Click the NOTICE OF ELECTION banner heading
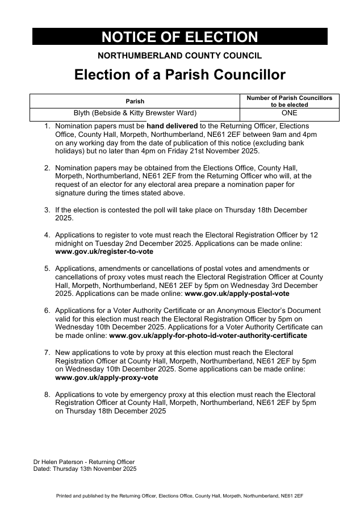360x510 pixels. point(179,37)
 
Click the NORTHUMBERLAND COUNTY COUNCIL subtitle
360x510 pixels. point(179,56)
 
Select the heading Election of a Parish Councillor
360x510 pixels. point(179,75)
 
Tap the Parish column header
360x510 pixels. point(135,101)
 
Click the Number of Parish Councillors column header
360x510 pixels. point(289,101)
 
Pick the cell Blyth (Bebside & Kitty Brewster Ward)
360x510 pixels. point(135,112)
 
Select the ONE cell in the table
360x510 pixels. point(289,112)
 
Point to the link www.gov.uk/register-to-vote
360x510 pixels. point(104,251)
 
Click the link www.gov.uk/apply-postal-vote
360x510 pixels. point(237,294)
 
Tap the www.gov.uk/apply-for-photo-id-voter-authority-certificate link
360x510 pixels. point(208,336)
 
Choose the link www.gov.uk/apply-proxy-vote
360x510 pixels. point(107,378)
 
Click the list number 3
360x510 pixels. point(47,210)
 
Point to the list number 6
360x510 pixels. point(47,311)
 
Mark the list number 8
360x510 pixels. point(47,395)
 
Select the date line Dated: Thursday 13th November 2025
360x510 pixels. point(85,469)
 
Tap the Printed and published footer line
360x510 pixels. point(179,496)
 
